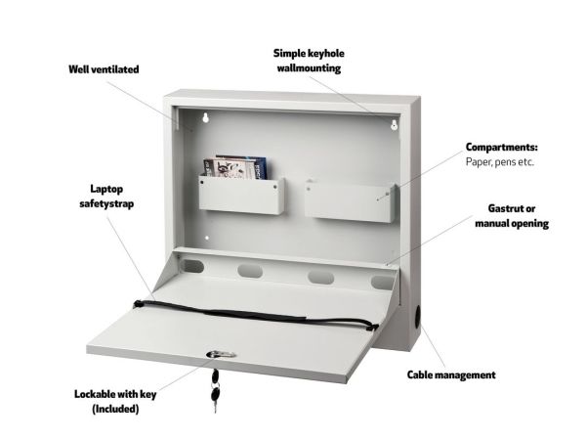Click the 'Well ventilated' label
[x=104, y=69]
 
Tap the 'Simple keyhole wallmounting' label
[x=309, y=61]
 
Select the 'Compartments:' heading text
[x=502, y=147]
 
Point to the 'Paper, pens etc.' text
[x=500, y=162]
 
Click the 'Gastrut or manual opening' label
[x=512, y=216]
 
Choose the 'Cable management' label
[x=451, y=374]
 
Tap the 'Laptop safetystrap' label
[x=106, y=197]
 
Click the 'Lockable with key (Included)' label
[x=115, y=402]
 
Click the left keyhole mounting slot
[x=205, y=118]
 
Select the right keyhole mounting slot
[x=394, y=125]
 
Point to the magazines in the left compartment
[x=235, y=167]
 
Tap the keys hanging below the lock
[x=215, y=390]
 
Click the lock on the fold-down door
[x=221, y=354]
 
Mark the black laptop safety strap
[x=255, y=314]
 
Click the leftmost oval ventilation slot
[x=192, y=266]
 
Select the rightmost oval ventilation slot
[x=382, y=283]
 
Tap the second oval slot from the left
[x=250, y=271]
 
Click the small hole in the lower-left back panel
[x=207, y=238]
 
